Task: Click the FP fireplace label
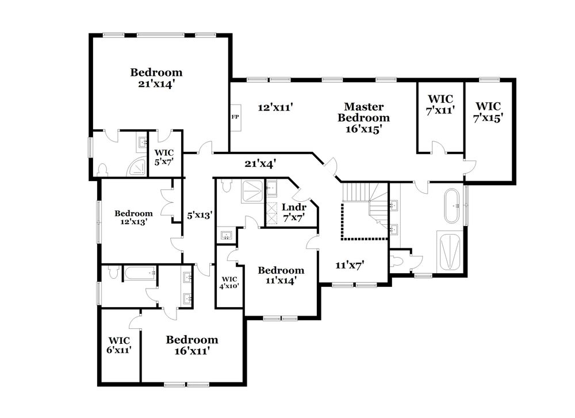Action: pos(235,117)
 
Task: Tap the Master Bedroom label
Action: pos(363,117)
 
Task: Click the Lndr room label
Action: pos(293,207)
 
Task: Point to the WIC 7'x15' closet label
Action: pos(488,112)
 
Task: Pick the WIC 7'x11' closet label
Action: pos(440,103)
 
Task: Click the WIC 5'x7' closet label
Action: pos(164,158)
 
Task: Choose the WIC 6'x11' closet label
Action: pos(120,344)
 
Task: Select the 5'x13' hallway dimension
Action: pos(200,216)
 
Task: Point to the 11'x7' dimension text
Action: pos(351,266)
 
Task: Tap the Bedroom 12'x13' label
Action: pos(133,217)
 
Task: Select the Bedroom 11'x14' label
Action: pos(281,275)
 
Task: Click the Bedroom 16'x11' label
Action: pos(192,344)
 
